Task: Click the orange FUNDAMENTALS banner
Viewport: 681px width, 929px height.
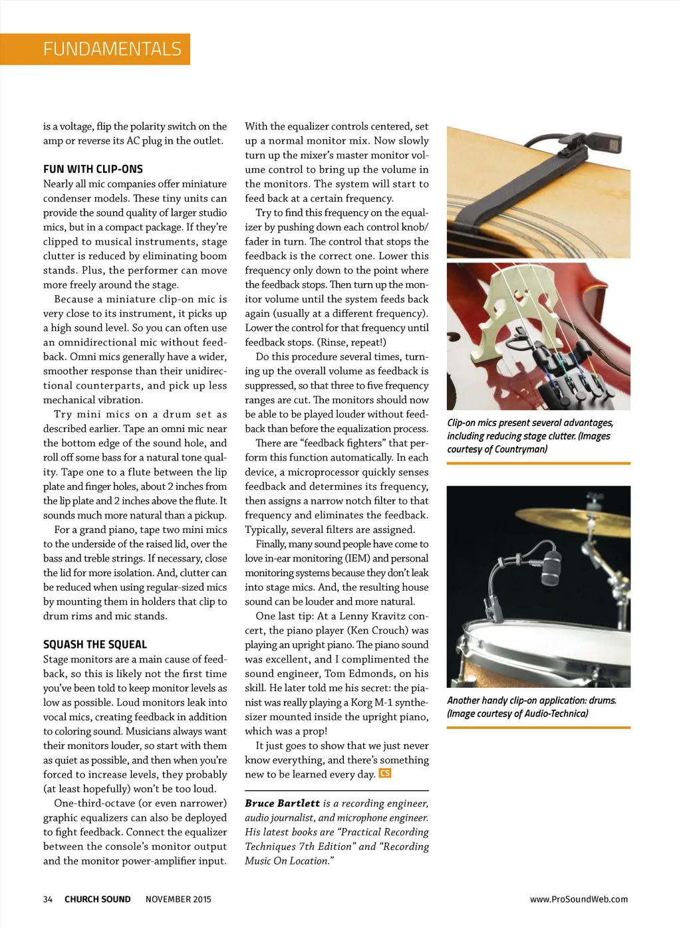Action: tap(112, 49)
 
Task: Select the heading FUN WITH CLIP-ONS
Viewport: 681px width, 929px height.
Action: tap(93, 169)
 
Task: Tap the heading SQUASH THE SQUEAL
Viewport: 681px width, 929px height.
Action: tap(95, 644)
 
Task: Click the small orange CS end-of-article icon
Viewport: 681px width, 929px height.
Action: tap(385, 773)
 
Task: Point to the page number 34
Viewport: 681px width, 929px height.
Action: tap(48, 899)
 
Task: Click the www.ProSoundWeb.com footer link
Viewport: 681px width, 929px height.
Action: tap(579, 899)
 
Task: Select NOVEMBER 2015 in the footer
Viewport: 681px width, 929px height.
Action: tap(178, 899)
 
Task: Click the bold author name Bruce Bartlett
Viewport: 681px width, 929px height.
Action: tap(282, 803)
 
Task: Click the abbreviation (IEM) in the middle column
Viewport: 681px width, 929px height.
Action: tap(356, 558)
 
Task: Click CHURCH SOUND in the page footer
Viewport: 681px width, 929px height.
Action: tap(97, 899)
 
